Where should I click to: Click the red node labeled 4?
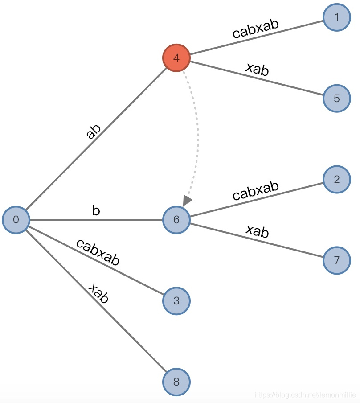click(x=176, y=58)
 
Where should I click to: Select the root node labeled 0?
click(x=16, y=220)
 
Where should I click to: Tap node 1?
click(x=336, y=17)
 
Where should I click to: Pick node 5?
click(x=336, y=98)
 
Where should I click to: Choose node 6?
click(x=176, y=220)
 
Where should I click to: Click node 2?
click(x=336, y=180)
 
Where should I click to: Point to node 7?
click(x=336, y=260)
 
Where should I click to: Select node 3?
click(x=176, y=301)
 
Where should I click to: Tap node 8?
click(x=176, y=382)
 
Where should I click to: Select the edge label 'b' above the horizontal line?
click(x=96, y=211)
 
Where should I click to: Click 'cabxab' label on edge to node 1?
click(x=256, y=28)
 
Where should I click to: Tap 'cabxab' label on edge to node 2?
click(x=256, y=190)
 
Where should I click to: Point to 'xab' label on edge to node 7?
click(x=258, y=230)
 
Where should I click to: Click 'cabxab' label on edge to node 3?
click(x=98, y=252)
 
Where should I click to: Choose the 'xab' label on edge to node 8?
click(x=98, y=293)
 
